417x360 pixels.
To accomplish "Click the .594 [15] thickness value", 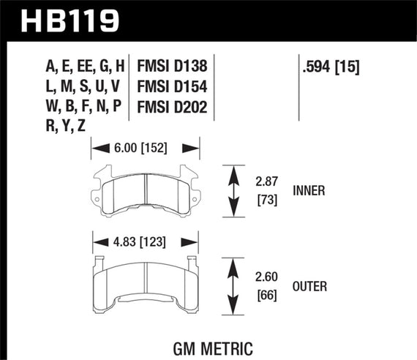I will pyautogui.click(x=332, y=68).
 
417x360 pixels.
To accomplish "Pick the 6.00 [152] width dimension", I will pyautogui.click(x=144, y=148).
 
